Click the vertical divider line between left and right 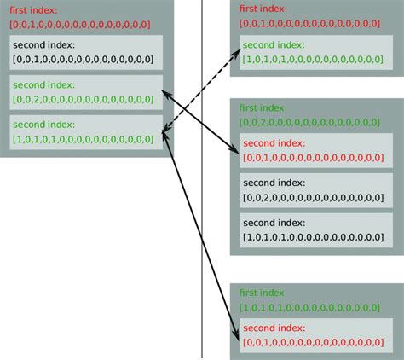(x=203, y=256)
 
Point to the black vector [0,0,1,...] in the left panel (x=84, y=59)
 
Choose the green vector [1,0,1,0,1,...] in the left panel (x=84, y=137)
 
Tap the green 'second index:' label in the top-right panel (x=276, y=44)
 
